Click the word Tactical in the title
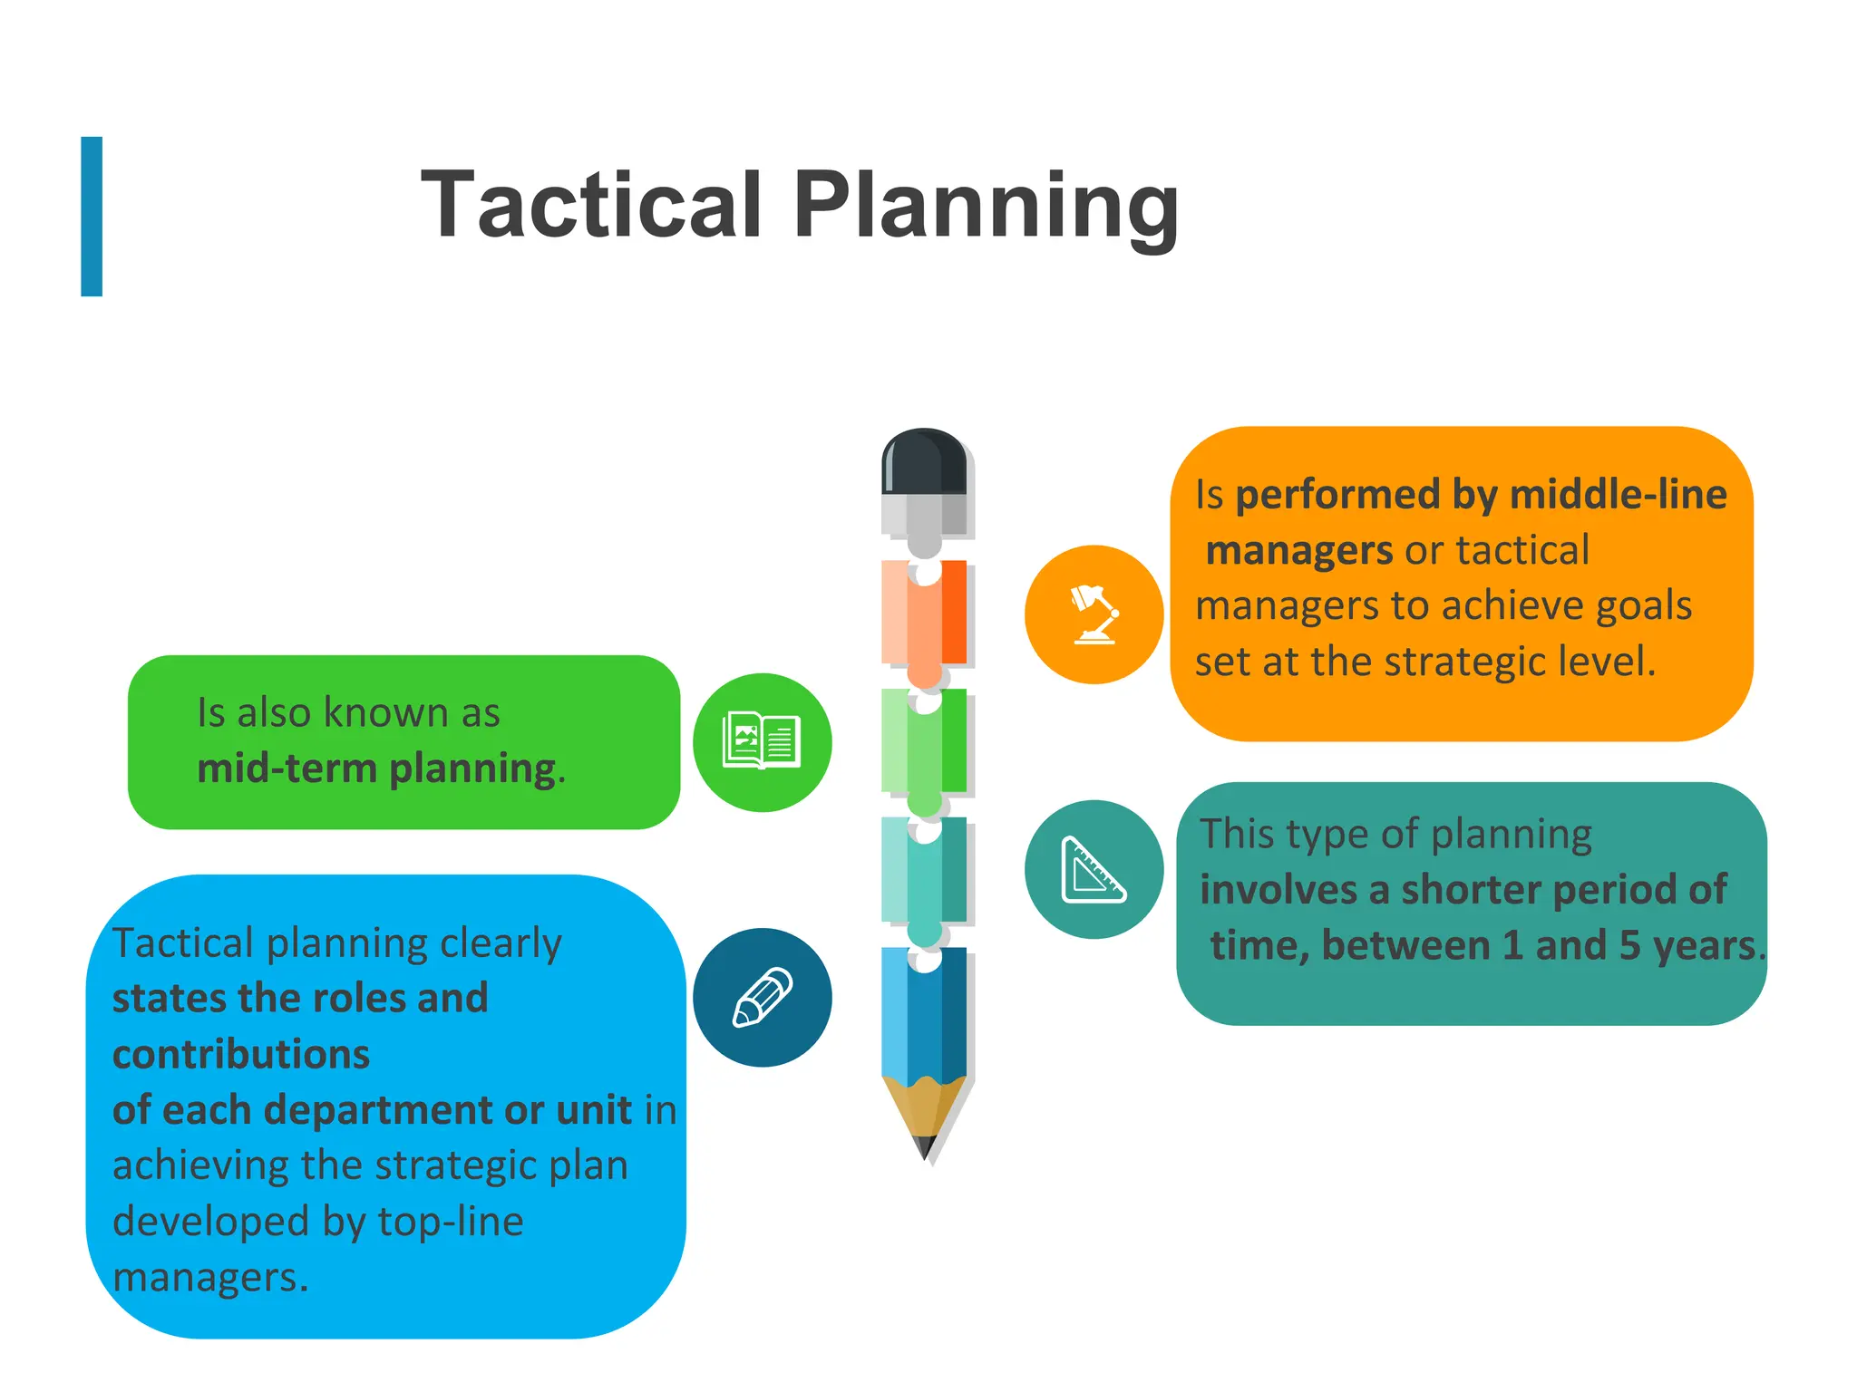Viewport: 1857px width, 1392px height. tap(591, 206)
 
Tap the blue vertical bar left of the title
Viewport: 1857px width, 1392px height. tap(92, 217)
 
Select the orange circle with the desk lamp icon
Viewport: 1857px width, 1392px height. tap(1094, 614)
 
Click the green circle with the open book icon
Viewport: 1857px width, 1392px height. tap(762, 742)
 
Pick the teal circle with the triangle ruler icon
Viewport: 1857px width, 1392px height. tap(1094, 869)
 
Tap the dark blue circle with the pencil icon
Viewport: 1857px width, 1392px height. tap(762, 997)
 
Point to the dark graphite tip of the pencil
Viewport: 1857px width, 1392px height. tap(925, 1147)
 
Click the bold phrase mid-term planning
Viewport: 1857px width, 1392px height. tap(377, 769)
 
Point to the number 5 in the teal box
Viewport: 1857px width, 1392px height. tap(1629, 945)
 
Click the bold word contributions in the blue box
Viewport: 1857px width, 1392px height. tap(241, 1054)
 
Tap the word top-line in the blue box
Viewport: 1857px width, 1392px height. tap(450, 1222)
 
